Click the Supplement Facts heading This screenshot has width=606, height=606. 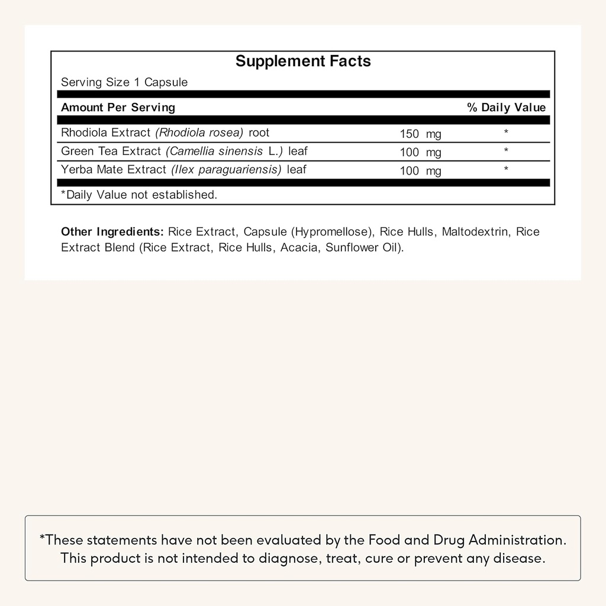coord(303,62)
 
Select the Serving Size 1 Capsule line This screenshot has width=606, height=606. coord(124,82)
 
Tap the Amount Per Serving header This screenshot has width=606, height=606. coord(118,107)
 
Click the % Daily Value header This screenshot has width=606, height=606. coord(506,107)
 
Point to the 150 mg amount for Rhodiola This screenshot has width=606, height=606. coord(420,134)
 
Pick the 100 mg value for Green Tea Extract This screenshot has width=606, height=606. coord(420,153)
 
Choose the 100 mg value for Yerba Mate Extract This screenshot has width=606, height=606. coord(420,172)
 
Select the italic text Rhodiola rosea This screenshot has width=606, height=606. coord(199,133)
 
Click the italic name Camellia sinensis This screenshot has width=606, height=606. coord(215,151)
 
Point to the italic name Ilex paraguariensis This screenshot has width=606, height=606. coord(226,170)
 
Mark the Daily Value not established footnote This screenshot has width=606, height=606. coord(139,195)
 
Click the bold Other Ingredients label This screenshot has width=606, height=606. coord(112,231)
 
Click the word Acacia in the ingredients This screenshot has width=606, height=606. coord(299,247)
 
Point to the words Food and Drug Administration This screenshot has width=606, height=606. coord(467,540)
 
